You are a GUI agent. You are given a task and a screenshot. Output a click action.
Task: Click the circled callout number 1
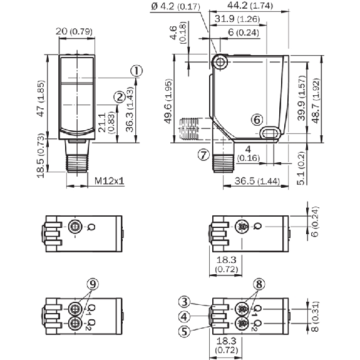(136, 71)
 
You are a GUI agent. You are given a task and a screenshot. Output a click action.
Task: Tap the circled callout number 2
(120, 97)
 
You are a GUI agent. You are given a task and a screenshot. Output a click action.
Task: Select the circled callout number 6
(257, 120)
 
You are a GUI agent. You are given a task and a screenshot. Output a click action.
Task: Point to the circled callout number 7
(203, 155)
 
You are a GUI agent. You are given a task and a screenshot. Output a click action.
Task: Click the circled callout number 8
(259, 284)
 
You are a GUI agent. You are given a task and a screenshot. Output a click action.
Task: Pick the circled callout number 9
(93, 284)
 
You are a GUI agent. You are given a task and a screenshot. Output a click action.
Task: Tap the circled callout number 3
(185, 302)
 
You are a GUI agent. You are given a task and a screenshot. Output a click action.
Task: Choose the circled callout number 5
(185, 331)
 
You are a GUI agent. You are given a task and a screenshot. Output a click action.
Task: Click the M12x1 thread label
(110, 181)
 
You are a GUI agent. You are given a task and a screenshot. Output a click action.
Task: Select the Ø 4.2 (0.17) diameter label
(176, 6)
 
